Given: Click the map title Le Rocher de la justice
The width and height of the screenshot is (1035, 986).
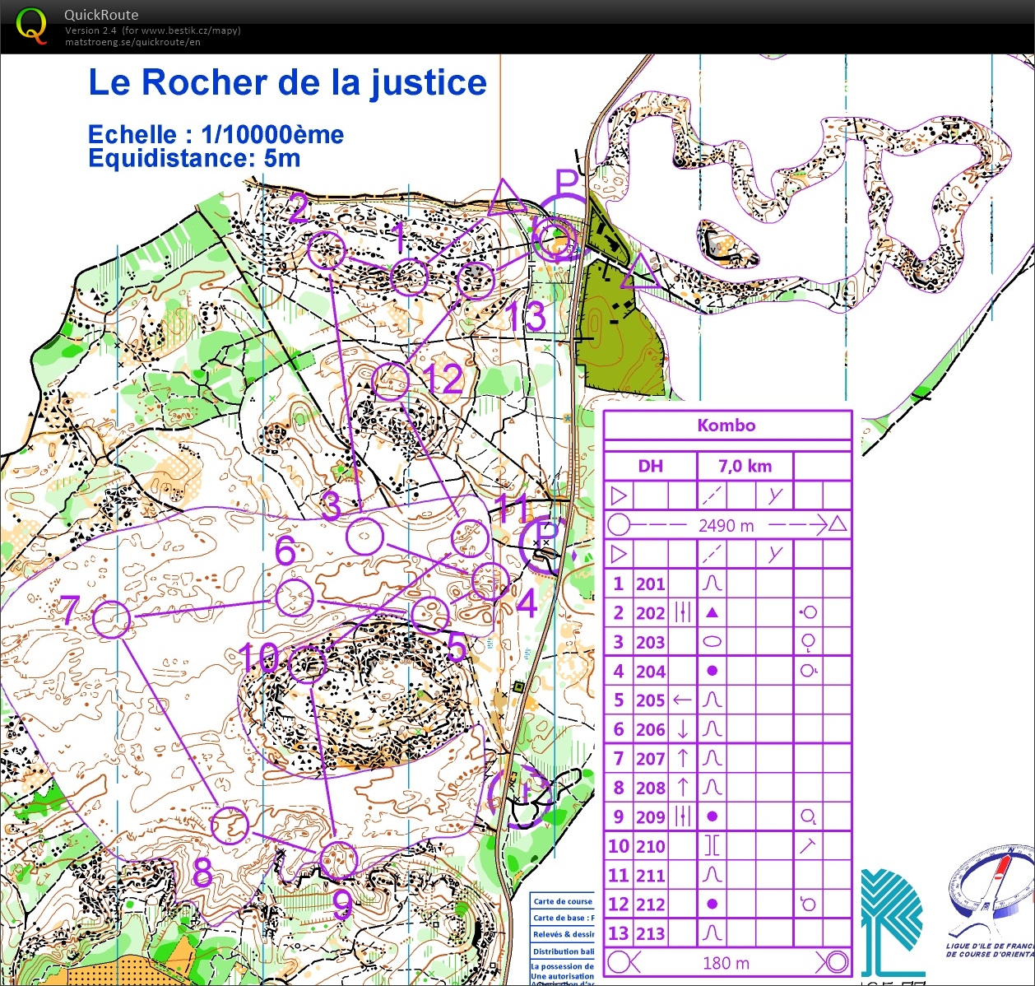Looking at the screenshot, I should pos(287,83).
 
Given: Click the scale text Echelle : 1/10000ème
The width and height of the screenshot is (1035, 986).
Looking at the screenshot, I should pos(216,134).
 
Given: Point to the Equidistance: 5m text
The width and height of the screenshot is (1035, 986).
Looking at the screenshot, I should pos(194,158).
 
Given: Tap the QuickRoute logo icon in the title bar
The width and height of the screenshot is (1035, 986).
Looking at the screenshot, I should pos(31,26).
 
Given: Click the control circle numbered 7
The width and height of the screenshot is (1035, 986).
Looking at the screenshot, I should pos(112,619).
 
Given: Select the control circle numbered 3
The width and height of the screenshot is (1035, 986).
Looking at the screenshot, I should pos(364,537).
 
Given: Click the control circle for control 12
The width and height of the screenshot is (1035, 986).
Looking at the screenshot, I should pos(390,381).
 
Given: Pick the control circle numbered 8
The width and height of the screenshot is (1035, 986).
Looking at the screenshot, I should pos(230,825).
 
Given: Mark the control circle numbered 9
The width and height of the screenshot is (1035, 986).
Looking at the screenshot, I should pos(337,860).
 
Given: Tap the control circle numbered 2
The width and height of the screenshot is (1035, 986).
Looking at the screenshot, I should pos(327,250).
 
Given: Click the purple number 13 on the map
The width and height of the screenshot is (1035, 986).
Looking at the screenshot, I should pos(527,317).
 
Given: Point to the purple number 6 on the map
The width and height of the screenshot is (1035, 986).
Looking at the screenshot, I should pos(285,551).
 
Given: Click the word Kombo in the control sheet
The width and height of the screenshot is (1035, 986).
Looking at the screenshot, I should pos(726,426).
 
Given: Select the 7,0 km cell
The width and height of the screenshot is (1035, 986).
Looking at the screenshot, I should pos(745,467).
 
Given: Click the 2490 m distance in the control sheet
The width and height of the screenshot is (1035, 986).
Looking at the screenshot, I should pos(726,526).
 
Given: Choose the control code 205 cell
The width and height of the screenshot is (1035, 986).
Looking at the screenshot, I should pos(650,700).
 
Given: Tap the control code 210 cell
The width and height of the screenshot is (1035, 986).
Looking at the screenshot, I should pos(650,846).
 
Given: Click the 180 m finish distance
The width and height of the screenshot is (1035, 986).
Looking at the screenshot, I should pos(726,962).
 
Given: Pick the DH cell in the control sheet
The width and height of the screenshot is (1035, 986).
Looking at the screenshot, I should pos(650,467).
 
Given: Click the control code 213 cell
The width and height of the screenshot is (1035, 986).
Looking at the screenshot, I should pos(650,933).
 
